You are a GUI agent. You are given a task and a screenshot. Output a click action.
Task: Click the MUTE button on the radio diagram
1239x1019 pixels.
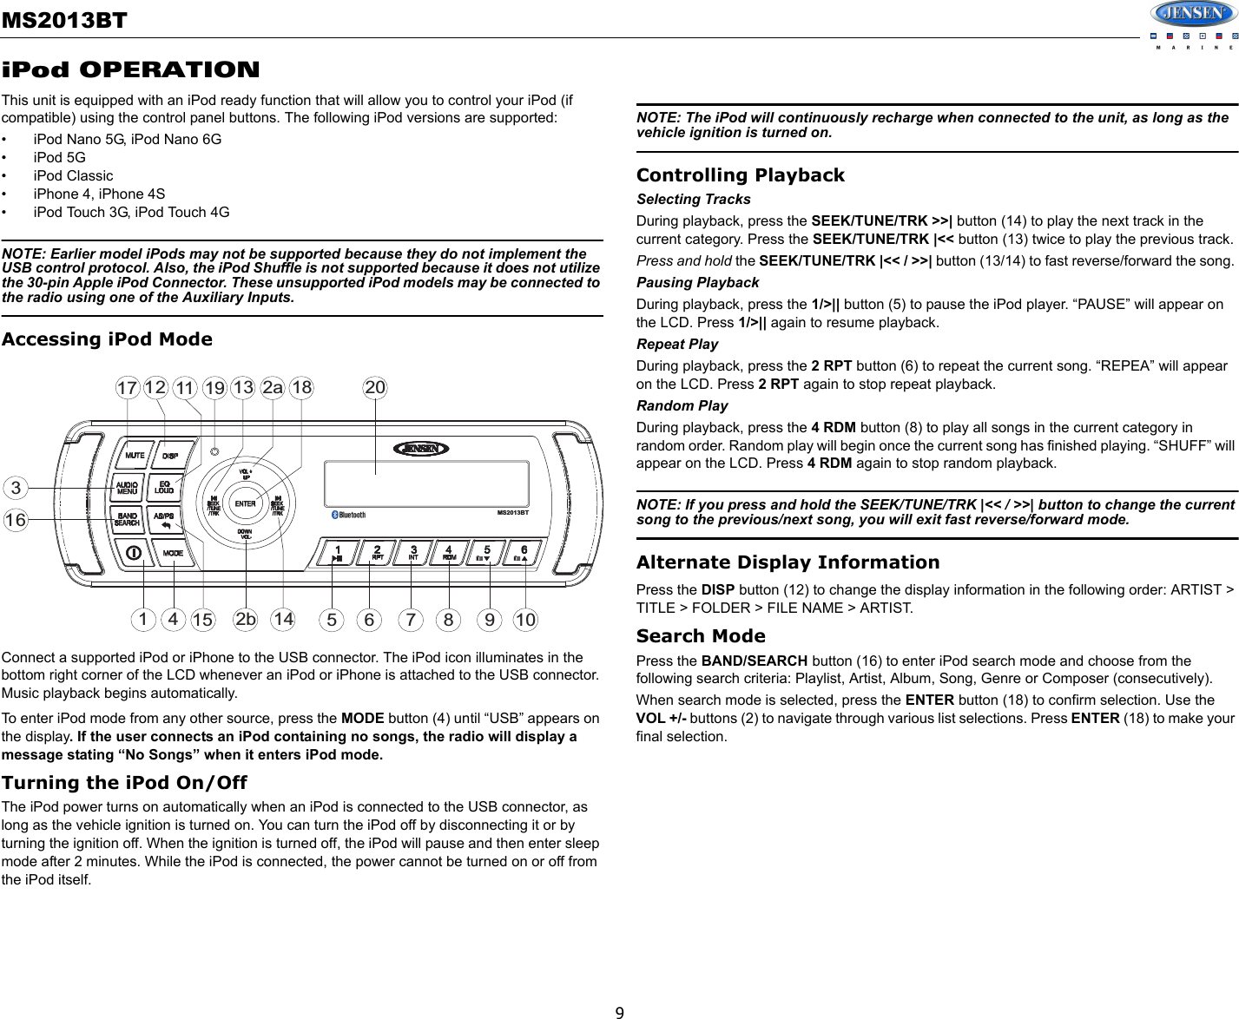135,456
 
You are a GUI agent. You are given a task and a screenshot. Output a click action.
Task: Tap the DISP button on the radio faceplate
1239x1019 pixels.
170,456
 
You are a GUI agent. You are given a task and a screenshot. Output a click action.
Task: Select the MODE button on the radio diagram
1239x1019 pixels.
173,553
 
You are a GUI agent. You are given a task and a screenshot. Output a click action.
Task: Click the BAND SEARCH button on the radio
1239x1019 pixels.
128,519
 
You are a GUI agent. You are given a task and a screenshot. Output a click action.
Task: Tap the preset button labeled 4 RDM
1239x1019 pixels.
450,553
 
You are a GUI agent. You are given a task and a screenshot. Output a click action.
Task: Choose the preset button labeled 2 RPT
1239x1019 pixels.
378,553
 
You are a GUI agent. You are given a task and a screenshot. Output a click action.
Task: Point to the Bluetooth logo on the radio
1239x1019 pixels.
349,515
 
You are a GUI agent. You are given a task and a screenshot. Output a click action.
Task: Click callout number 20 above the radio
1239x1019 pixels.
375,388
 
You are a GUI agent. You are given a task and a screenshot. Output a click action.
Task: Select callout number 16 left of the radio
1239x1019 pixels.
16,520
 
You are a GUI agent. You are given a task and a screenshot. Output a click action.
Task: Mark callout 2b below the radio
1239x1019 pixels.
246,620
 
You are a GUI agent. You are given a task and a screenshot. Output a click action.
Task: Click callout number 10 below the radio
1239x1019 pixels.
525,620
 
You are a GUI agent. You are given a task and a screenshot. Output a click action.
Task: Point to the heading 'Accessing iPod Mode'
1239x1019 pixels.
107,339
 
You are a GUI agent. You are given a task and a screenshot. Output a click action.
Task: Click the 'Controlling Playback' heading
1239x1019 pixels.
740,175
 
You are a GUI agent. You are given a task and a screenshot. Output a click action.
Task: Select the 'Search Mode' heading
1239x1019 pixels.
701,636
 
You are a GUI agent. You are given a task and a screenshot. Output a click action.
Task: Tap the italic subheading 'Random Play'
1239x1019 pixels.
682,405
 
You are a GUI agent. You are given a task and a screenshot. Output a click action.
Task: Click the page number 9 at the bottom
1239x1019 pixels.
619,1012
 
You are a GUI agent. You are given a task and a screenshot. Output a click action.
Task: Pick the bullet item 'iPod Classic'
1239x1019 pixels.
73,175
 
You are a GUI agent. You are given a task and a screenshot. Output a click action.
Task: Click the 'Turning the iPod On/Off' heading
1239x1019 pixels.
124,783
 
